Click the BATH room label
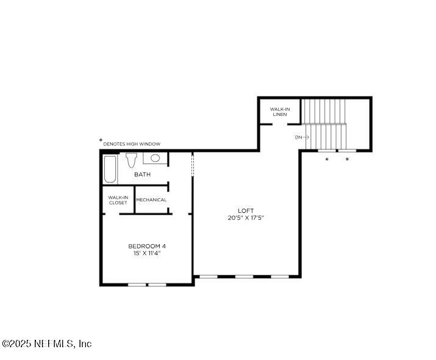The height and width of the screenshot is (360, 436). pos(143,175)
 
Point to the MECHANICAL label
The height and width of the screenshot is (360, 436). pos(151,200)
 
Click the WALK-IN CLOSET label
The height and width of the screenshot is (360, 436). pos(118,200)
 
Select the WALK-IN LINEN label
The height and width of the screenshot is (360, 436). pos(280,112)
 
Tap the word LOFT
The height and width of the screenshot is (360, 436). pos(246,211)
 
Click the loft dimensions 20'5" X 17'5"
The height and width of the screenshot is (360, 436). pos(246,218)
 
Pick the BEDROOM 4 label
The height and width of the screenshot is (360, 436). pos(147,246)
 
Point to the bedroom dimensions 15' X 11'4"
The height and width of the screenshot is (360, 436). pos(147,253)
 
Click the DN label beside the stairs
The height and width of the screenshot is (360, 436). pos(298,137)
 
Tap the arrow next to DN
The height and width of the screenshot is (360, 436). pos(307,137)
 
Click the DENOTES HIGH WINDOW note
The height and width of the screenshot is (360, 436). pos(132,144)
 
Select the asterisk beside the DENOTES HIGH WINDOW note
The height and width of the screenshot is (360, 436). pos(101,140)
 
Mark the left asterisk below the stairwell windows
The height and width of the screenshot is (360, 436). pos(327,160)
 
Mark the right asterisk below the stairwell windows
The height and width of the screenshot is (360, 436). pos(348,160)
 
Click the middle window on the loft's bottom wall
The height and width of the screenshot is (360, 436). pos(244,276)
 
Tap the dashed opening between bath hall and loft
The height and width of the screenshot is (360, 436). pos(193,165)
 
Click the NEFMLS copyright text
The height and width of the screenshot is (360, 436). pos(46,344)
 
